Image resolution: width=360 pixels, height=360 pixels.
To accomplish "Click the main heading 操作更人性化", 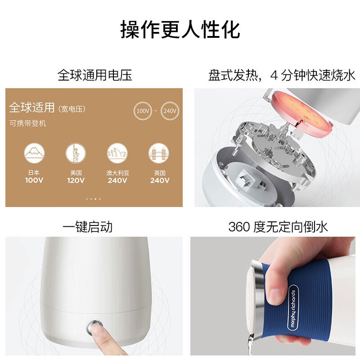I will pos(180,29).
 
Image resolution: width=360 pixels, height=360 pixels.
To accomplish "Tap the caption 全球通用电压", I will pos(94,75).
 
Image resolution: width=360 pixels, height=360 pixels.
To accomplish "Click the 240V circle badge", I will pos(169,110).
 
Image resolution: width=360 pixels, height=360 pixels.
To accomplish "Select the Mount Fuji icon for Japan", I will pos(34,153).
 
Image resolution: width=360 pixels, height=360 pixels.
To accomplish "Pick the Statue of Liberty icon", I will pos(76,153).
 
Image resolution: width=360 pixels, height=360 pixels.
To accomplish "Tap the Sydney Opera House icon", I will pos(117,153).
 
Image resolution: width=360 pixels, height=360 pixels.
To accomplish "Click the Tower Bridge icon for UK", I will pos(159,153).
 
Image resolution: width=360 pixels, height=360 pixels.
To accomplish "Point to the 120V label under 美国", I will pos(76,180).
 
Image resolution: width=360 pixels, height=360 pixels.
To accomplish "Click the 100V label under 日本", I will pos(34,180).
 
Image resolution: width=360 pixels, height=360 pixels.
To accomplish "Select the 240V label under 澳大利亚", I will pos(117,180).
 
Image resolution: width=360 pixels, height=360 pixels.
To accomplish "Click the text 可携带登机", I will pos(28,123).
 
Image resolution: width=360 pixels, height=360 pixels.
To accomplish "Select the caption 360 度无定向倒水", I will pos(278,226).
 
